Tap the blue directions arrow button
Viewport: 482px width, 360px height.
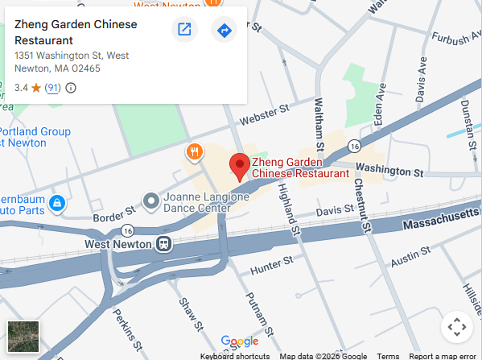coord(224,31)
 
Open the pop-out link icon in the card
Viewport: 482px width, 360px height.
coord(184,31)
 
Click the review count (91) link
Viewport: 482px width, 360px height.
coord(52,88)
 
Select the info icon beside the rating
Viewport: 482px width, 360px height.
coord(71,88)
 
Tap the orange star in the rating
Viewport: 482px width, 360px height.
coord(36,88)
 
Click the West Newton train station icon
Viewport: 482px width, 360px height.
coord(164,243)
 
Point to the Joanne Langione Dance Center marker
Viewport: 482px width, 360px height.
coord(150,199)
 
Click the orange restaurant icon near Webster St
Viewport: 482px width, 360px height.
coord(193,151)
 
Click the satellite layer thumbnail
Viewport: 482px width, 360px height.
coord(23,337)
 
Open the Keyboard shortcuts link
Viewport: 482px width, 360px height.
coord(235,356)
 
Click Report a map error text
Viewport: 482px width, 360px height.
coord(443,356)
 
